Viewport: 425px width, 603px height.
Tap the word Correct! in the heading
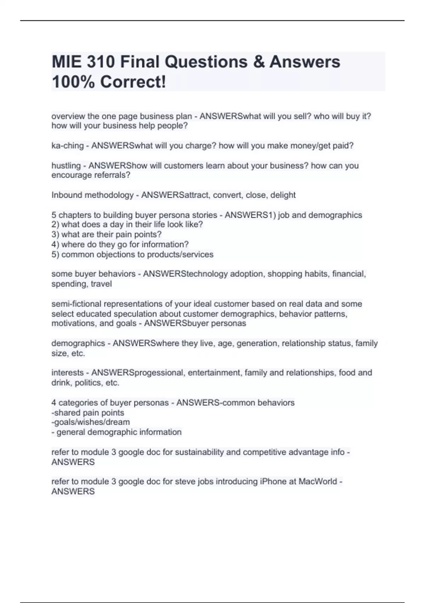point(133,82)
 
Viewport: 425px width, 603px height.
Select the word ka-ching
point(68,146)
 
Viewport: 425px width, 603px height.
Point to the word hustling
point(66,166)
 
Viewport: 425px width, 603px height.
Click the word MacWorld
point(318,482)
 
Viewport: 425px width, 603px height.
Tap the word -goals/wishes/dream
point(91,422)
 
